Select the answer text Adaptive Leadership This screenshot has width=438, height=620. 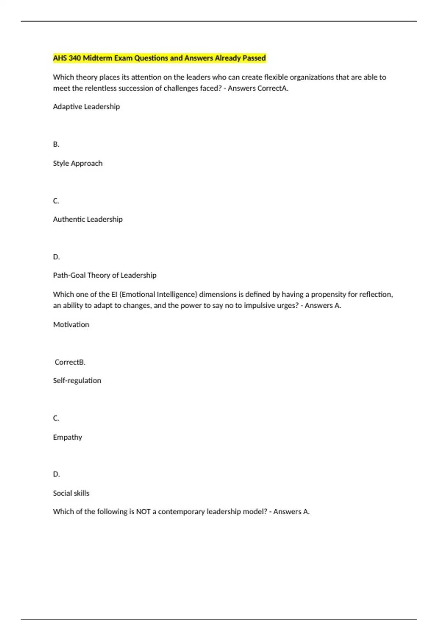click(x=86, y=106)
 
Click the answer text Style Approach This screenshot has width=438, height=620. click(x=77, y=163)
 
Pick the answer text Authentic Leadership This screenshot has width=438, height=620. click(x=88, y=219)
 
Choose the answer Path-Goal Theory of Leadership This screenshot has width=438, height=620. click(x=104, y=275)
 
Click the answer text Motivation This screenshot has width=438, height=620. click(x=71, y=324)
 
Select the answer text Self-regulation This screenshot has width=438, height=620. click(x=77, y=380)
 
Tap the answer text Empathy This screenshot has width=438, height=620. click(x=67, y=437)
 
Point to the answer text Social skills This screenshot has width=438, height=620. click(x=71, y=493)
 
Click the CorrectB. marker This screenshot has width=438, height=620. click(x=70, y=362)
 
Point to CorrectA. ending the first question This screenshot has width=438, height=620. click(x=273, y=88)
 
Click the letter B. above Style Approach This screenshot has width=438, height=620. click(x=56, y=144)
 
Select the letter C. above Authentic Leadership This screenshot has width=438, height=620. click(x=56, y=201)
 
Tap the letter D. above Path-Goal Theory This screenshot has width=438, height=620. click(x=56, y=257)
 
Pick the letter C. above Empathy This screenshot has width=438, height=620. click(x=56, y=418)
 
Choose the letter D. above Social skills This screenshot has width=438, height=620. click(x=56, y=474)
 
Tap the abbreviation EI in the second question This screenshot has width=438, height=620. click(x=114, y=294)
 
